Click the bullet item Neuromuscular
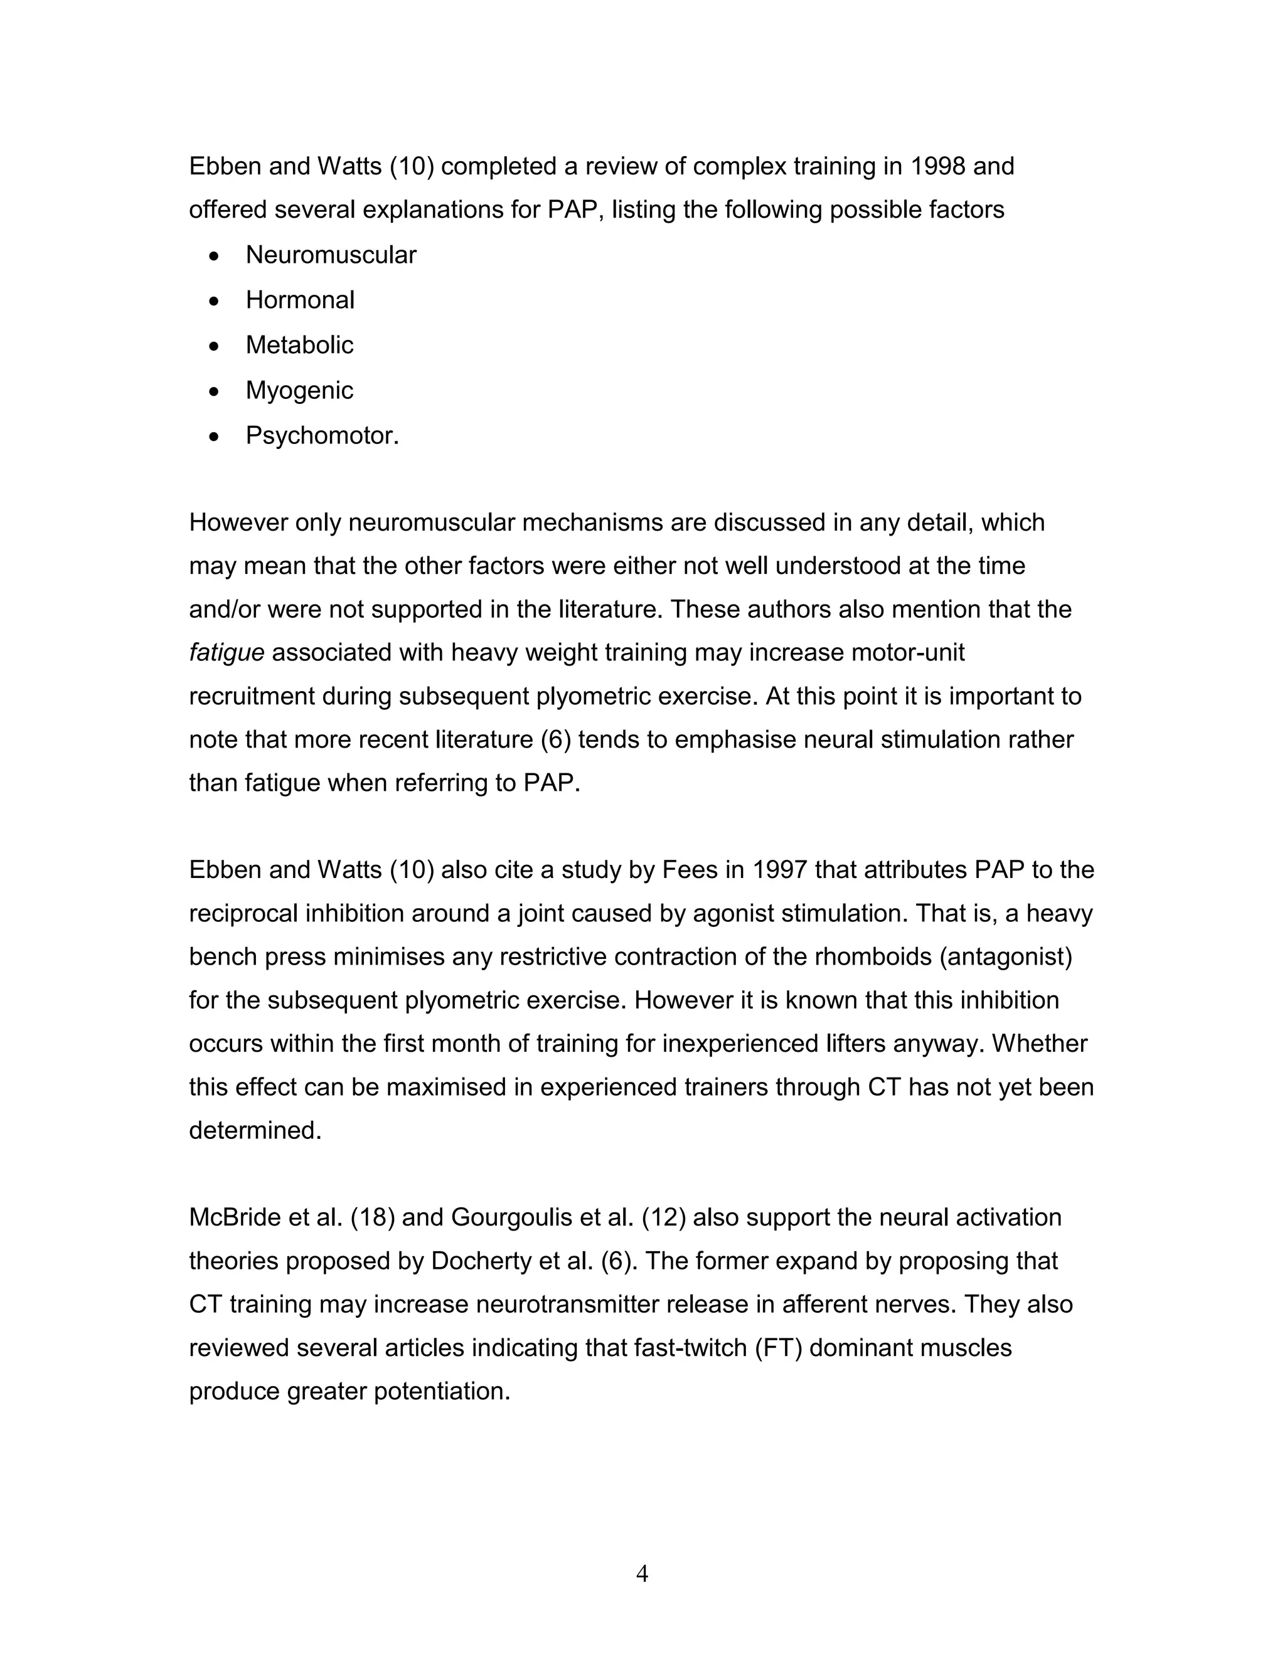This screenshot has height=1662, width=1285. pos(331,255)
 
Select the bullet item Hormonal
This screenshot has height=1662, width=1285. pos(300,300)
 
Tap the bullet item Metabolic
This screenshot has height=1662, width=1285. pos(299,345)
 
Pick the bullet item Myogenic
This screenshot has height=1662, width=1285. pos(299,390)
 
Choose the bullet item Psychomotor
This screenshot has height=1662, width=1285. pos(321,436)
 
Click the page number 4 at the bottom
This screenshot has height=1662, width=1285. pos(642,1573)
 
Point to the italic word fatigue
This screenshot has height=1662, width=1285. pos(226,653)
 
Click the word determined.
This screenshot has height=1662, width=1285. pos(255,1130)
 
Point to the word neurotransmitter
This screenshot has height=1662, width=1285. pos(567,1305)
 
